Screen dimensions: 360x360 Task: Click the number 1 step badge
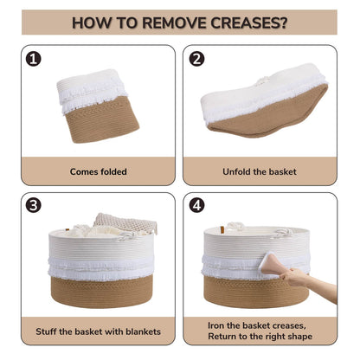click(x=34, y=59)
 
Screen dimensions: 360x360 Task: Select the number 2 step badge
click(x=196, y=59)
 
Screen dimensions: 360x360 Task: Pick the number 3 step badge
click(x=34, y=205)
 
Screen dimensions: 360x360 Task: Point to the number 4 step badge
click(x=196, y=205)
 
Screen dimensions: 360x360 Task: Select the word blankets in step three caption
click(x=143, y=331)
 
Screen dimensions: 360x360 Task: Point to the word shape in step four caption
click(x=301, y=337)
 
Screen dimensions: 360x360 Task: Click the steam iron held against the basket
click(x=269, y=263)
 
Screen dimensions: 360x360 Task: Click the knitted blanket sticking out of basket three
click(x=126, y=222)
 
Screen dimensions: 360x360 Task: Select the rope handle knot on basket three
click(x=126, y=236)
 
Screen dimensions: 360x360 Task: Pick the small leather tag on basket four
click(x=222, y=229)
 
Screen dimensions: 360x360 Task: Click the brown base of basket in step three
click(x=101, y=292)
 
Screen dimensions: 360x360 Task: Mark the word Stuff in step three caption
click(x=46, y=331)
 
